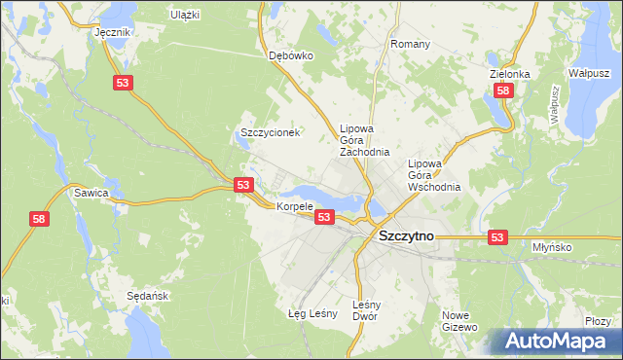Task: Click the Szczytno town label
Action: click(405, 235)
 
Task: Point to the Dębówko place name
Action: click(290, 55)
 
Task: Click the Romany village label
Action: click(410, 45)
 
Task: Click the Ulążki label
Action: click(184, 15)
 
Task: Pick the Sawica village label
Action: click(91, 193)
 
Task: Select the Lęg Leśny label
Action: click(312, 313)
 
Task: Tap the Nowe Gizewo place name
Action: click(458, 321)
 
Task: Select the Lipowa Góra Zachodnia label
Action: click(364, 140)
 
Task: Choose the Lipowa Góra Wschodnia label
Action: click(433, 174)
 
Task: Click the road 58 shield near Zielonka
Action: click(502, 90)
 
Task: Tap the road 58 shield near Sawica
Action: click(39, 221)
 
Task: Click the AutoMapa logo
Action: click(554, 342)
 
